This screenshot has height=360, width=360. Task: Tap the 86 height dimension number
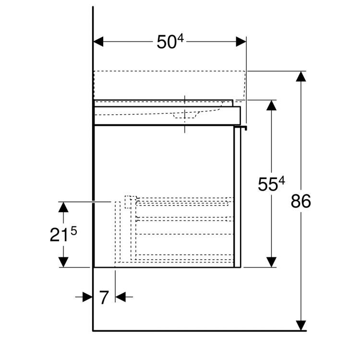[x=301, y=201]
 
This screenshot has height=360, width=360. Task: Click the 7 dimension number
[x=104, y=297]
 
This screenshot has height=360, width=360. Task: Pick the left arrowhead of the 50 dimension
[x=98, y=42]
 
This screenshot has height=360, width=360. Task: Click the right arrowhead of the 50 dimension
[x=241, y=42]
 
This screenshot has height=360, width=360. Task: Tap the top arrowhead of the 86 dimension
[x=301, y=76]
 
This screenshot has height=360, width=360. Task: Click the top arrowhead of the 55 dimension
[x=271, y=106]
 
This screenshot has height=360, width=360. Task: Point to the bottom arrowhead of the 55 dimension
[x=271, y=262]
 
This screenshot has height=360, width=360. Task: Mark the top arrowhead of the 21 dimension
[x=63, y=207]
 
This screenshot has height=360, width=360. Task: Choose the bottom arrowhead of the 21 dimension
[x=63, y=262]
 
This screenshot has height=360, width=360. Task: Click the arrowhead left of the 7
[x=87, y=297]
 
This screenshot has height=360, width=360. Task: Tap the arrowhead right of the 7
[x=120, y=297]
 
